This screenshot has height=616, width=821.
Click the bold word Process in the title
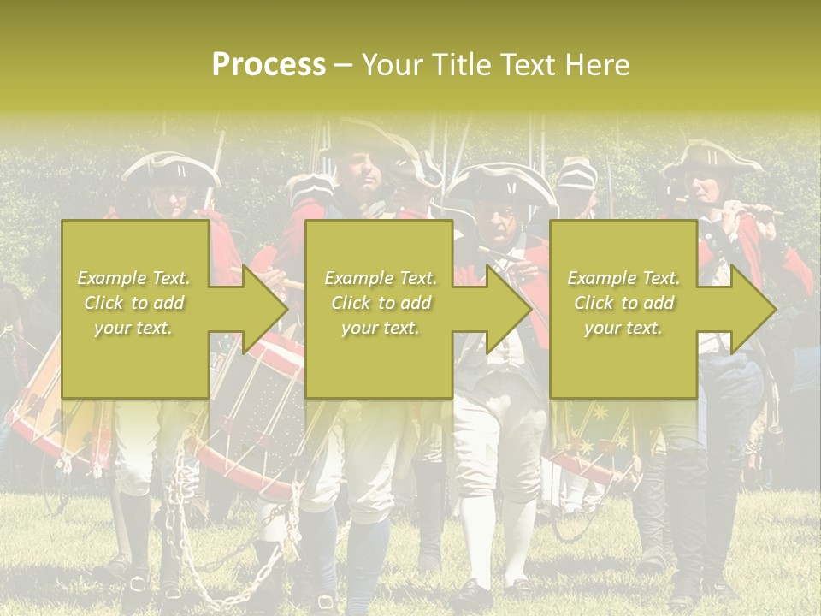pyautogui.click(x=269, y=65)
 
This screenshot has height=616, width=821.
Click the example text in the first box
pyautogui.click(x=134, y=303)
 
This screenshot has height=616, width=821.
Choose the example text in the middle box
pyautogui.click(x=380, y=303)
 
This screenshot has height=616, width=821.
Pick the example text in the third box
pyautogui.click(x=623, y=303)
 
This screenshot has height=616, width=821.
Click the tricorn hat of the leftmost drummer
pyautogui.click(x=170, y=169)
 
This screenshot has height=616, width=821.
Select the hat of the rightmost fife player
pyautogui.click(x=710, y=159)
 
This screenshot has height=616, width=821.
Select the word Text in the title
pyautogui.click(x=531, y=65)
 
